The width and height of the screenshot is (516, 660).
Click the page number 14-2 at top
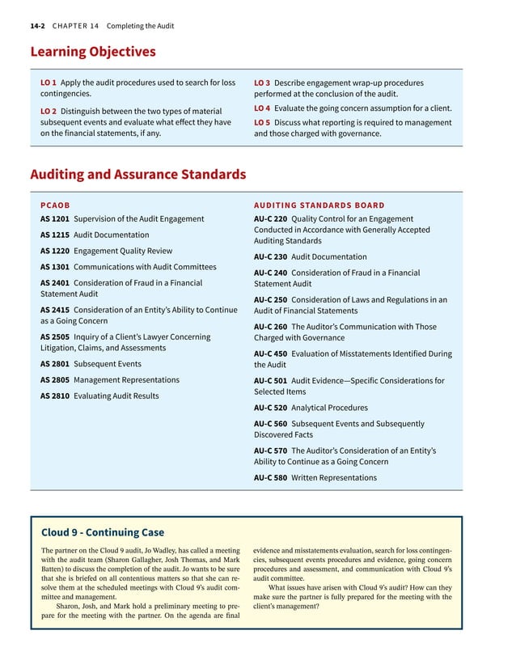tap(37, 26)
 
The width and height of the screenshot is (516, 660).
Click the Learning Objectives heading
tap(92, 52)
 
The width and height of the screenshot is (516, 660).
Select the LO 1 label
tap(48, 82)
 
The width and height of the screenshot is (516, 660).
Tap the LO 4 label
tap(262, 108)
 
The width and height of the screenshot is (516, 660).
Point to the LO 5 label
tap(262, 123)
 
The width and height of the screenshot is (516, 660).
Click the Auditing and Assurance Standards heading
tap(137, 174)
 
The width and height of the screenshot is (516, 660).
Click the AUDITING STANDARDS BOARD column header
tap(319, 205)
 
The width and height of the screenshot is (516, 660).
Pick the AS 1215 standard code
tap(54, 235)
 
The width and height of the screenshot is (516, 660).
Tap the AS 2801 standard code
tap(54, 364)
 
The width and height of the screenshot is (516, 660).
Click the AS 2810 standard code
tap(54, 396)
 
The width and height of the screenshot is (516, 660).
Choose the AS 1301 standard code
tap(54, 267)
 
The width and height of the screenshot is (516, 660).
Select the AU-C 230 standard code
tap(271, 257)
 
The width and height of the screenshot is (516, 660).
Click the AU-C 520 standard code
tap(271, 408)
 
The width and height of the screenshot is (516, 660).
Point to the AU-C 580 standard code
tap(271, 478)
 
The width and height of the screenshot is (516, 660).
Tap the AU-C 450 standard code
tap(271, 354)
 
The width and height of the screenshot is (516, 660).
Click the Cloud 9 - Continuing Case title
tap(103, 532)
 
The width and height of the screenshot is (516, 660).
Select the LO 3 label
tap(262, 82)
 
